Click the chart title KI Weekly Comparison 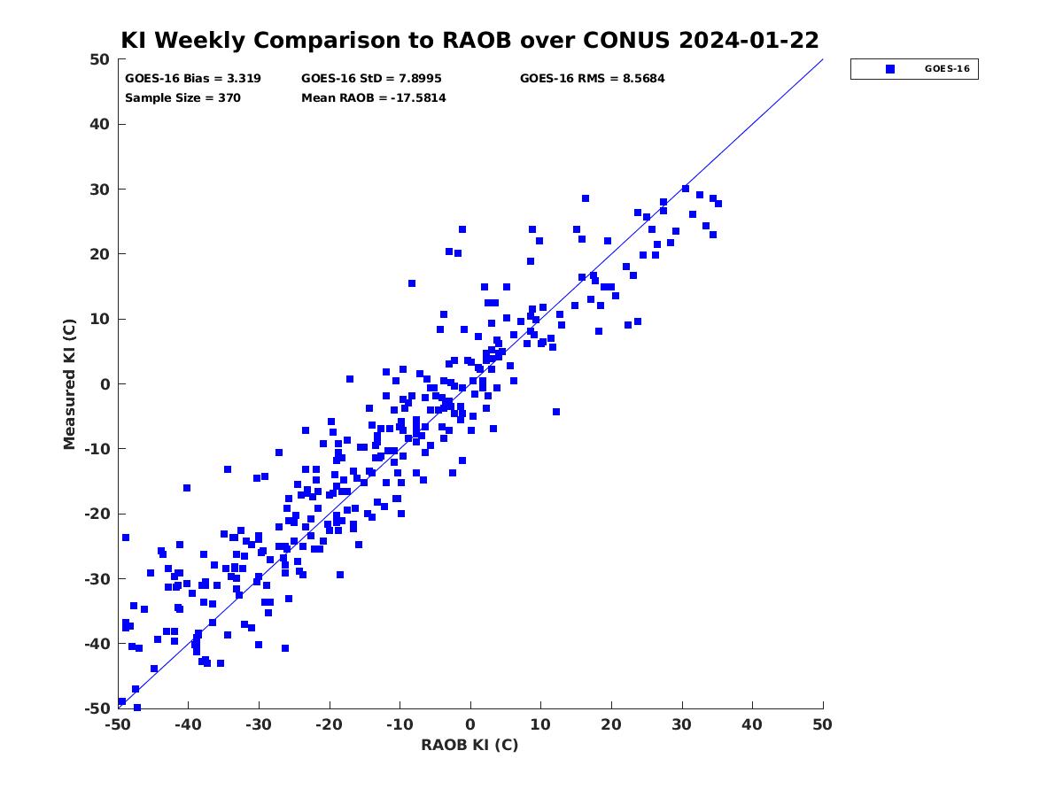[x=469, y=40]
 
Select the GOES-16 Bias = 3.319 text [x=193, y=79]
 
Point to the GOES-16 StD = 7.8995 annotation [x=371, y=79]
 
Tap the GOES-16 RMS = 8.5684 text [x=592, y=79]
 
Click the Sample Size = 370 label [x=182, y=97]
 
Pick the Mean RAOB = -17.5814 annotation [x=374, y=97]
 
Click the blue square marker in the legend [x=889, y=69]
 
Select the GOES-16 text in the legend [x=947, y=69]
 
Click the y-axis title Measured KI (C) [x=69, y=384]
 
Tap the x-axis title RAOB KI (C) [x=469, y=745]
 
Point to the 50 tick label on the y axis [x=100, y=59]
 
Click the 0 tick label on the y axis [x=105, y=384]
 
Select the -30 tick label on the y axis [x=97, y=579]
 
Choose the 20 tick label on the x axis [x=610, y=724]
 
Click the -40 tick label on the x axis [x=188, y=724]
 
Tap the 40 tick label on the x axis [x=751, y=724]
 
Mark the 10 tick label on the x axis [x=540, y=724]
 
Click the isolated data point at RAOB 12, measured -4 [x=556, y=412]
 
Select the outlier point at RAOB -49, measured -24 [x=126, y=538]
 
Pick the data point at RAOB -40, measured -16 [x=186, y=488]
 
